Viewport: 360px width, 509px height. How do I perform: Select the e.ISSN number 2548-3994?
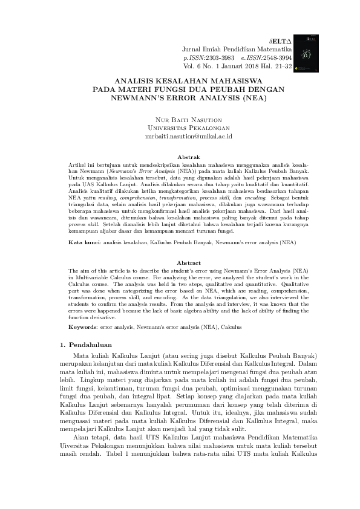click(x=280, y=56)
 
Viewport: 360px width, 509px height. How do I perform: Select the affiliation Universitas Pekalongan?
click(x=180, y=129)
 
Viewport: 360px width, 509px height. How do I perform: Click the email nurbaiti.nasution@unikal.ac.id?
click(x=180, y=137)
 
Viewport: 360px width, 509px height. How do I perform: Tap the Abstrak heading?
click(x=180, y=156)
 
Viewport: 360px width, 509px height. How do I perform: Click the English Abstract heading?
click(x=180, y=263)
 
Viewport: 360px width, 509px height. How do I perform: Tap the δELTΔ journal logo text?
click(x=279, y=37)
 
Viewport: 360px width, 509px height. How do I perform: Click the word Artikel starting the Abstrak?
click(x=77, y=165)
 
